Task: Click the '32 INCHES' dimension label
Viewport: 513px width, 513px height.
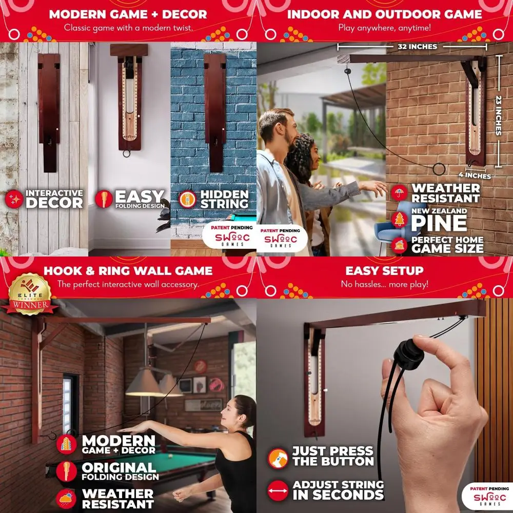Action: coord(417,47)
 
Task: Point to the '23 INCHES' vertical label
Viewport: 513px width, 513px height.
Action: coord(498,116)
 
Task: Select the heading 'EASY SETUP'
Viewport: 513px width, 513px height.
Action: coord(384,271)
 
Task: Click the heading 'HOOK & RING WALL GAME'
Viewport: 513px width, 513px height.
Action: coord(128,271)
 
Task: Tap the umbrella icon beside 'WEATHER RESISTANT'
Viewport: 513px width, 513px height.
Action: coord(399,193)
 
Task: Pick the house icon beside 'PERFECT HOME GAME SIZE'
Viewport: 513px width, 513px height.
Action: coord(399,245)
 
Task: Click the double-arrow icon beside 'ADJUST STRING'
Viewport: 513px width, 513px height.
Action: coord(278,490)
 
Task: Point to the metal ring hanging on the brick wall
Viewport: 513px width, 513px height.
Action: coord(439,169)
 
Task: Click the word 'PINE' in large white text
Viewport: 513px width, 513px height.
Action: coord(439,224)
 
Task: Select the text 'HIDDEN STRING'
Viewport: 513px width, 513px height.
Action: coord(224,199)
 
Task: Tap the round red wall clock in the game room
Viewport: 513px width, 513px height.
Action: coord(201,366)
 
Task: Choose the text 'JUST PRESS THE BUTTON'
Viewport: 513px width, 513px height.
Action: coord(333,456)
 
